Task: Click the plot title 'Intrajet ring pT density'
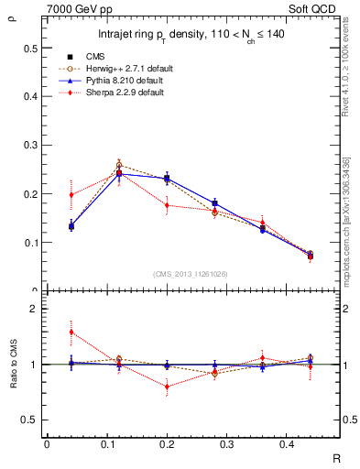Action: [191, 36]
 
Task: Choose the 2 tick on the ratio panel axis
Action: [33, 309]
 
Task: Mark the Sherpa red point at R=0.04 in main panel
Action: [71, 194]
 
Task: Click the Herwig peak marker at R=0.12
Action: [119, 166]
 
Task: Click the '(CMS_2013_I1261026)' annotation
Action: [191, 275]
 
